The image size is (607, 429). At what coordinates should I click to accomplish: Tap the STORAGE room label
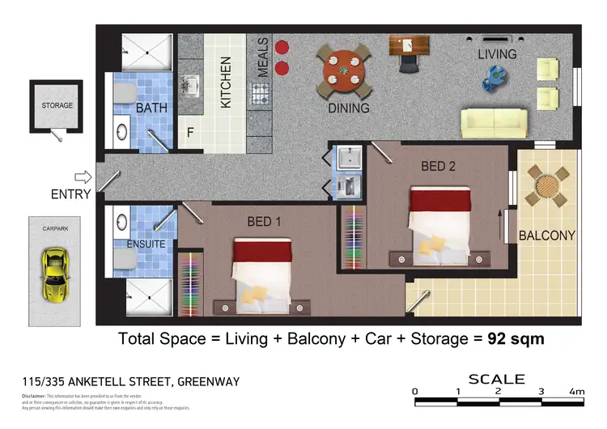[57, 105]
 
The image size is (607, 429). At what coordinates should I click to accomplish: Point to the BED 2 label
[439, 166]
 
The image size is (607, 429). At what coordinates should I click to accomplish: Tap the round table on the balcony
[547, 188]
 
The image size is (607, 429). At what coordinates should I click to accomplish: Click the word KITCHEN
[227, 82]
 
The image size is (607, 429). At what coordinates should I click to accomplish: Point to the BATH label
[151, 108]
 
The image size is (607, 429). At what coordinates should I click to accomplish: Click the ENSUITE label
[146, 244]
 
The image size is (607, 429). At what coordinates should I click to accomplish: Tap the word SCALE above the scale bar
[497, 379]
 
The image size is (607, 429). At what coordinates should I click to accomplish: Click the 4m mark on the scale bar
[577, 392]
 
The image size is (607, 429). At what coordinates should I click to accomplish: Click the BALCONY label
[546, 236]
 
